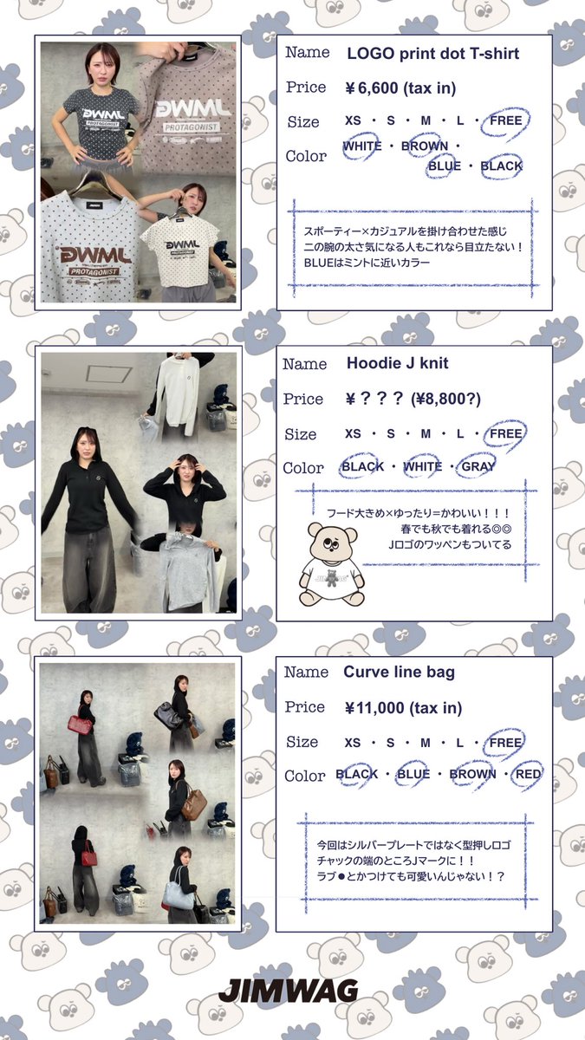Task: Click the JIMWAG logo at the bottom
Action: [288, 991]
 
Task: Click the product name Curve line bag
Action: [399, 673]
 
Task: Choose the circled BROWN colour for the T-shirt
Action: [425, 146]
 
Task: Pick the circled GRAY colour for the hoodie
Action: [478, 466]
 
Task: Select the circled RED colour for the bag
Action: [527, 774]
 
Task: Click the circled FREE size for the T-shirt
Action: [505, 120]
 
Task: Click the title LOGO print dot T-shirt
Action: [432, 54]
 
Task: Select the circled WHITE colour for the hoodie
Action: [422, 466]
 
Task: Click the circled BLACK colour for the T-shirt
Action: [501, 166]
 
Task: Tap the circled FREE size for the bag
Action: [505, 743]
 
